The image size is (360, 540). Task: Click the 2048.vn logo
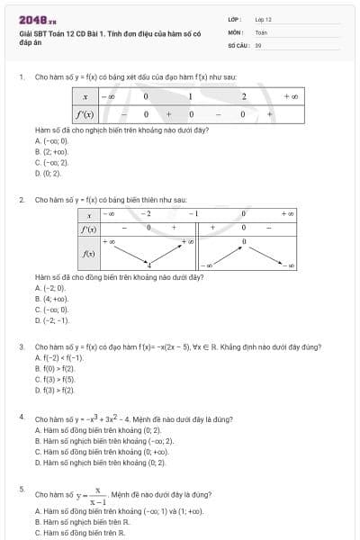(x=37, y=18)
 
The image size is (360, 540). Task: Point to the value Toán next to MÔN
(x=261, y=31)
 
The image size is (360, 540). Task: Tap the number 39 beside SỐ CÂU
(x=258, y=43)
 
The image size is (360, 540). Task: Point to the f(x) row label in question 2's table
(x=88, y=255)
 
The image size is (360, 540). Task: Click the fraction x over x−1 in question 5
(x=97, y=495)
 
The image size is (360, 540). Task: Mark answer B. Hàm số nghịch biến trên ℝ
(x=82, y=521)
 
